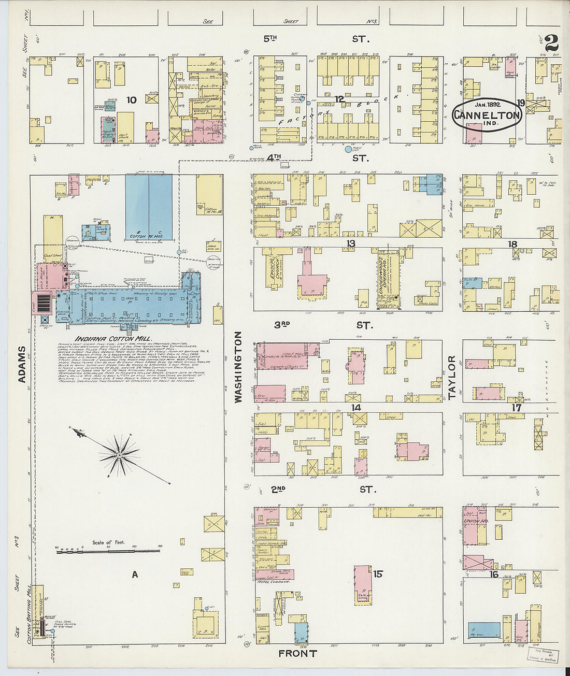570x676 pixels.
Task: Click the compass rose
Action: pos(120,454)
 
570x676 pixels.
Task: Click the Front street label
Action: pos(297,654)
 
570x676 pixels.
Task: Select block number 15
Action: pos(378,573)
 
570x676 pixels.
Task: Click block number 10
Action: pos(132,99)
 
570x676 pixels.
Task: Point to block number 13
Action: pos(351,243)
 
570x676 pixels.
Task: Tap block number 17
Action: pos(516,408)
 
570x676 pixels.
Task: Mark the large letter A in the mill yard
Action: pos(135,574)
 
